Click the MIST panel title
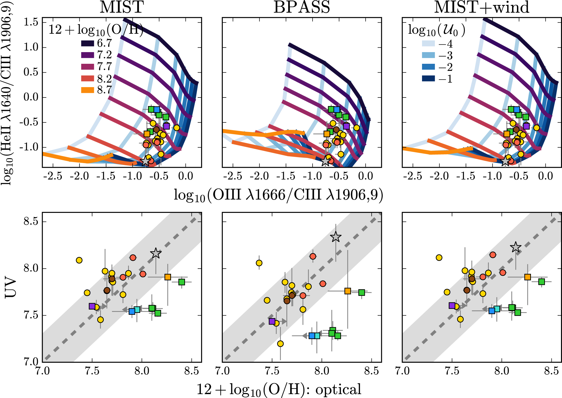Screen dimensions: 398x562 point(122,7)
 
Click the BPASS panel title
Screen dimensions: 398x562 point(302,7)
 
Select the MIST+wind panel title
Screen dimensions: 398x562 point(482,7)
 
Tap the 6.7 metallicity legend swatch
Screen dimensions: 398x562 point(87,43)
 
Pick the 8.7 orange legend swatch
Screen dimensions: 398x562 point(87,90)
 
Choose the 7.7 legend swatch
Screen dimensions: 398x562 point(87,67)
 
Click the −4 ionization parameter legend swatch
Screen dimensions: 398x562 point(428,44)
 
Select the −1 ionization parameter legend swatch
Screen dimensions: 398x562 point(428,79)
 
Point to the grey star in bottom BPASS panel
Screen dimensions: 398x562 point(336,237)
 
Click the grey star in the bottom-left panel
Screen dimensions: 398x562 point(156,253)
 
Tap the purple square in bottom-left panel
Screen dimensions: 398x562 point(92,306)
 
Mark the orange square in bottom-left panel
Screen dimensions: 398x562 point(168,277)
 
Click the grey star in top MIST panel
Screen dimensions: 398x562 point(145,161)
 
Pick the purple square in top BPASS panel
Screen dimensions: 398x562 point(346,126)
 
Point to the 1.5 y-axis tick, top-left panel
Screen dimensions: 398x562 point(31,22)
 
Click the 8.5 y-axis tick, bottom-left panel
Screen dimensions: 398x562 point(31,222)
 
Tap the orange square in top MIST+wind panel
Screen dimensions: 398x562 point(507,134)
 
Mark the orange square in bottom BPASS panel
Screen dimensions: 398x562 point(347,291)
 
